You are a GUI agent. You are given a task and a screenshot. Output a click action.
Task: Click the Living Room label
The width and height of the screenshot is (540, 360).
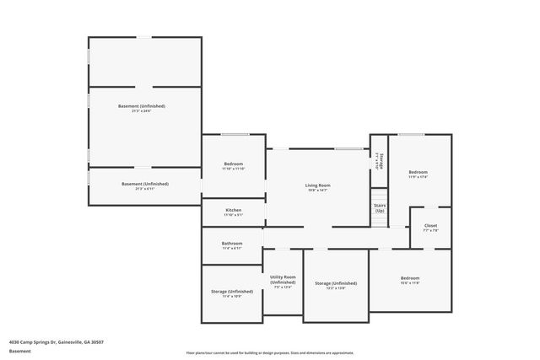(x=317, y=185)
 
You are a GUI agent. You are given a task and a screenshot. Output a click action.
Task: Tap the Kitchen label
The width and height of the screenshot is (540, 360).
(x=234, y=210)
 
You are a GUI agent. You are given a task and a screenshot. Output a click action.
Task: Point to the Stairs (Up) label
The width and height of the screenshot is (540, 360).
(x=380, y=207)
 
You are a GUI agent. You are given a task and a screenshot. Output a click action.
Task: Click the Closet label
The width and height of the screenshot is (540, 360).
(x=430, y=225)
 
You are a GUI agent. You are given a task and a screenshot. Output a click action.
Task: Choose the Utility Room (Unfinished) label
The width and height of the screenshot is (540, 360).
(x=283, y=279)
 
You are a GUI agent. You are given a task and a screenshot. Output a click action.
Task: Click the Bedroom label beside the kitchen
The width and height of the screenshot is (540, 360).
(x=234, y=164)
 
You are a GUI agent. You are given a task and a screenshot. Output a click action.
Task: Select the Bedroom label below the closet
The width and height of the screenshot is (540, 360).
(x=410, y=278)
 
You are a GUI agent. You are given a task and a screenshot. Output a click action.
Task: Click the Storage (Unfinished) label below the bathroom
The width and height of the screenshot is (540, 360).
(x=231, y=291)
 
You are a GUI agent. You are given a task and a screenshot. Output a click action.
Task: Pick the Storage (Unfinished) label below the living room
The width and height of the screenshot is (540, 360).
(x=336, y=283)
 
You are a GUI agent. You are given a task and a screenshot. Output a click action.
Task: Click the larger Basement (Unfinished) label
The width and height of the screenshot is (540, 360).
(x=142, y=106)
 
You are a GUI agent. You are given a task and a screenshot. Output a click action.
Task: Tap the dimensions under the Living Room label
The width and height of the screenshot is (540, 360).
(x=317, y=191)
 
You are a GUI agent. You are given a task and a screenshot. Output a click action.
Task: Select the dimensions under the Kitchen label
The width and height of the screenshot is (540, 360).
(x=234, y=216)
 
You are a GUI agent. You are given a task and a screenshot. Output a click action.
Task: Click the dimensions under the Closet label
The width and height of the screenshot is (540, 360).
(x=430, y=230)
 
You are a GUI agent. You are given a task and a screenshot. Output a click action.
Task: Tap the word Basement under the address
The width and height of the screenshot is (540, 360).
(x=19, y=352)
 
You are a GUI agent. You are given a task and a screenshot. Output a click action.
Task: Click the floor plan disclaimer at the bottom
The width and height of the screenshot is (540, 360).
(x=270, y=352)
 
